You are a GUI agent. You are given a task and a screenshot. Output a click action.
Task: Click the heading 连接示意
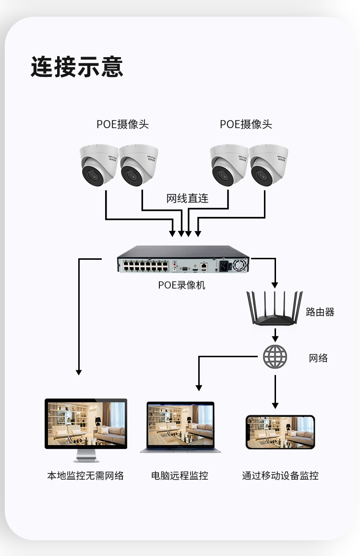pos(77,67)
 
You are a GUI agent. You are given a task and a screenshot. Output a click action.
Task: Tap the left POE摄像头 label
pos(122,124)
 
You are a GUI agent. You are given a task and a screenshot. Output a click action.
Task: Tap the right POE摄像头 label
pos(246,124)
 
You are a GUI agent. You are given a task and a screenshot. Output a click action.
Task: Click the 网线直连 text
pos(188,198)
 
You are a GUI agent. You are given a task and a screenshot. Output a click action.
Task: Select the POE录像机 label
pos(181,285)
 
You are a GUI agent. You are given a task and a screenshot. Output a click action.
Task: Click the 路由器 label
pos(320,312)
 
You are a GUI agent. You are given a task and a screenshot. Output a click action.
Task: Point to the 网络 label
pos(318,358)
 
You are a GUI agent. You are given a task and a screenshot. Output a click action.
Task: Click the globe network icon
pos(275,357)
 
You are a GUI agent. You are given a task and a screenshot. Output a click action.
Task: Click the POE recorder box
pos(183,259)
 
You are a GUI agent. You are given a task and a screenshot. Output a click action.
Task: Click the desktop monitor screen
pos(86,423)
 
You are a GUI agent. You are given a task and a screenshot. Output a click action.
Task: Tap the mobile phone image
pos(280,432)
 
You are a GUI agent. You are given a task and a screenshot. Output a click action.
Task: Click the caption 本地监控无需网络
pos(85,476)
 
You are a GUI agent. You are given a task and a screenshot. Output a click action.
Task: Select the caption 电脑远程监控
pos(180,476)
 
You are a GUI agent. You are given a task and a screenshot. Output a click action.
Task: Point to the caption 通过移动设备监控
pos(280,476)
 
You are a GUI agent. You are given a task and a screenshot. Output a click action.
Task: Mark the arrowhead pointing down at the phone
pos(276,405)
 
